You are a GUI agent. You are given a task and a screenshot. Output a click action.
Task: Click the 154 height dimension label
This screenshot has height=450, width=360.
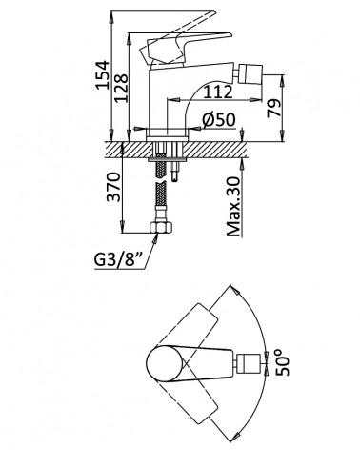click(102, 74)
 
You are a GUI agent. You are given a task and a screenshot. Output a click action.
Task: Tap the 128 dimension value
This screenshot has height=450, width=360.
click(121, 88)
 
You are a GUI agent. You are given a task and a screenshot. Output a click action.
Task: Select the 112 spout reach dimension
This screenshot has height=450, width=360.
click(218, 92)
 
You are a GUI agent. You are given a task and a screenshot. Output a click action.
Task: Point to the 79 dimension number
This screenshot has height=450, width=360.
click(273, 108)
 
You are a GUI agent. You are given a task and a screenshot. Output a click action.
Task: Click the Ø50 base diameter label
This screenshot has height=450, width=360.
click(219, 120)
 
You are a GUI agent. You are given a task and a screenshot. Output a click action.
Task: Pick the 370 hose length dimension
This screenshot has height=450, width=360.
click(113, 187)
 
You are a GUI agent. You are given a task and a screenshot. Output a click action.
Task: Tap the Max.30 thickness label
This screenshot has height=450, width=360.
click(234, 207)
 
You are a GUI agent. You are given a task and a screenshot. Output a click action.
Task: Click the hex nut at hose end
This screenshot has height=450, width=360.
click(161, 227)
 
